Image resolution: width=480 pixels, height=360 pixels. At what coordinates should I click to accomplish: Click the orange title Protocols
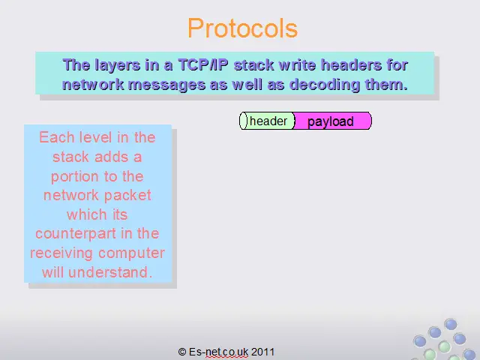click(242, 28)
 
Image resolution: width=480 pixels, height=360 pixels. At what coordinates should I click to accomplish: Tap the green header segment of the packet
click(267, 121)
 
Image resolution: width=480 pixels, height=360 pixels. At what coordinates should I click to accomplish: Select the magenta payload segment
click(332, 121)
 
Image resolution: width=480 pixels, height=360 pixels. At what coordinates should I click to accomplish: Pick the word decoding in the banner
click(325, 84)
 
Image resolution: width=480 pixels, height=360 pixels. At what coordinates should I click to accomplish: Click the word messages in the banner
click(166, 85)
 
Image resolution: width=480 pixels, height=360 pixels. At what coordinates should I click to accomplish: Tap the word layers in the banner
click(117, 65)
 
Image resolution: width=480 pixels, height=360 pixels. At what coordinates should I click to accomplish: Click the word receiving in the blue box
click(61, 253)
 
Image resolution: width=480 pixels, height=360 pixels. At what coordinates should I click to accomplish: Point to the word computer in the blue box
click(132, 253)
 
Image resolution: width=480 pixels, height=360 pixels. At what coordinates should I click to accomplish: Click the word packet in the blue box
click(128, 196)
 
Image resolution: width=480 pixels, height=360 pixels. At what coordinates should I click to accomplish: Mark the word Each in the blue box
click(57, 137)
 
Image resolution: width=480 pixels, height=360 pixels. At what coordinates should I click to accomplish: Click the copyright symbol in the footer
click(182, 352)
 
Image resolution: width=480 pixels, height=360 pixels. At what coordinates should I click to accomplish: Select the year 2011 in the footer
click(263, 352)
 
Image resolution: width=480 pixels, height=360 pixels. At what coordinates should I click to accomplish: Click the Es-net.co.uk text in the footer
click(218, 352)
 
